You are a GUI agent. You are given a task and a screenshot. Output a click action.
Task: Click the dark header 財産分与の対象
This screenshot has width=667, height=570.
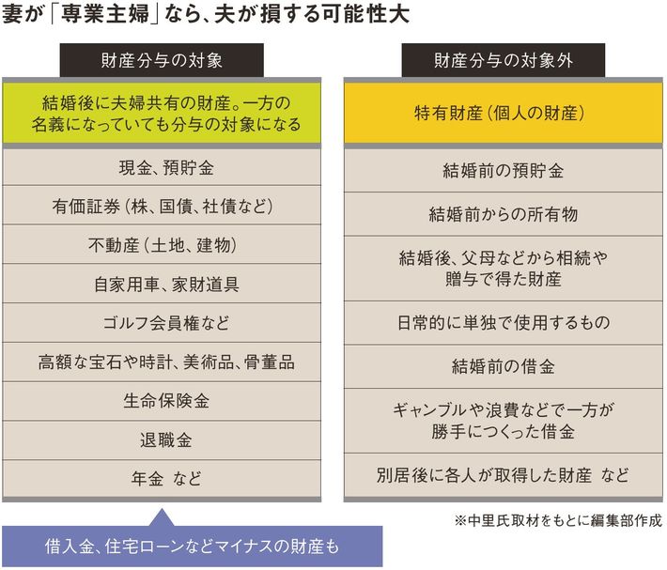point(166,62)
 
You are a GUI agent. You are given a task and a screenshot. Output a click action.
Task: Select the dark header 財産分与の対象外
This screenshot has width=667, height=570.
point(503,62)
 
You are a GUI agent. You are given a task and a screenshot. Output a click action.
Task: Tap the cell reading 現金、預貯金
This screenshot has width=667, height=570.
point(166,169)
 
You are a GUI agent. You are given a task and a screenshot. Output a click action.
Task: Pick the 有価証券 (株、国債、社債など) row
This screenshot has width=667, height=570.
point(166,207)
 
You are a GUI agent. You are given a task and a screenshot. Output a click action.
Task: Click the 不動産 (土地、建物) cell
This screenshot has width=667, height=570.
point(166,245)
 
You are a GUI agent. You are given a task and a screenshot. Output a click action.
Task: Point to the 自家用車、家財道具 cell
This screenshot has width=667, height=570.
point(166,284)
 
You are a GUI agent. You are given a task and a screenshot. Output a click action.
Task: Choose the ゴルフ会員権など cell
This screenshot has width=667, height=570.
point(166,322)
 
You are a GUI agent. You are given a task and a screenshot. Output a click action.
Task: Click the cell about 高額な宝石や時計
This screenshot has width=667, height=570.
point(166,362)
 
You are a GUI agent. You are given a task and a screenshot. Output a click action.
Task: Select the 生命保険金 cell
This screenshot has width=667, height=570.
point(166,400)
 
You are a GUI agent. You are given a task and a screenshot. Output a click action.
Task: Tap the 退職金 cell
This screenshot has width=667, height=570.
point(166,439)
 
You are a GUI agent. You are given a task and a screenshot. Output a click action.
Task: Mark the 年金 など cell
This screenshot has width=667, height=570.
point(166,478)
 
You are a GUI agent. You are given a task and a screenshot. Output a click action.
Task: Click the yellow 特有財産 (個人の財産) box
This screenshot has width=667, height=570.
point(503,113)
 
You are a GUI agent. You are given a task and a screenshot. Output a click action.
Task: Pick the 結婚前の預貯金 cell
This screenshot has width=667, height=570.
point(503,171)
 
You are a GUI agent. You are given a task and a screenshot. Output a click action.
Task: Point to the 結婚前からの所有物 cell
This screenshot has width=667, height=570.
point(503,215)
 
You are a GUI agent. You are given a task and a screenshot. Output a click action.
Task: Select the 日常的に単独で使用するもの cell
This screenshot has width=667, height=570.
point(503,322)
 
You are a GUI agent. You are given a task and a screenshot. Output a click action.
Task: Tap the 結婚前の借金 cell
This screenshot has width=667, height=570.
point(503,365)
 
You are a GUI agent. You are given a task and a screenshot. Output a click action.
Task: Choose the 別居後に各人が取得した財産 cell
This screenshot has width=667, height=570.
point(503,474)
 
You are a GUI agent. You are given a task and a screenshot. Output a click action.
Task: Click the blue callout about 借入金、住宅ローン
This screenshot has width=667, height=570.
point(193,546)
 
